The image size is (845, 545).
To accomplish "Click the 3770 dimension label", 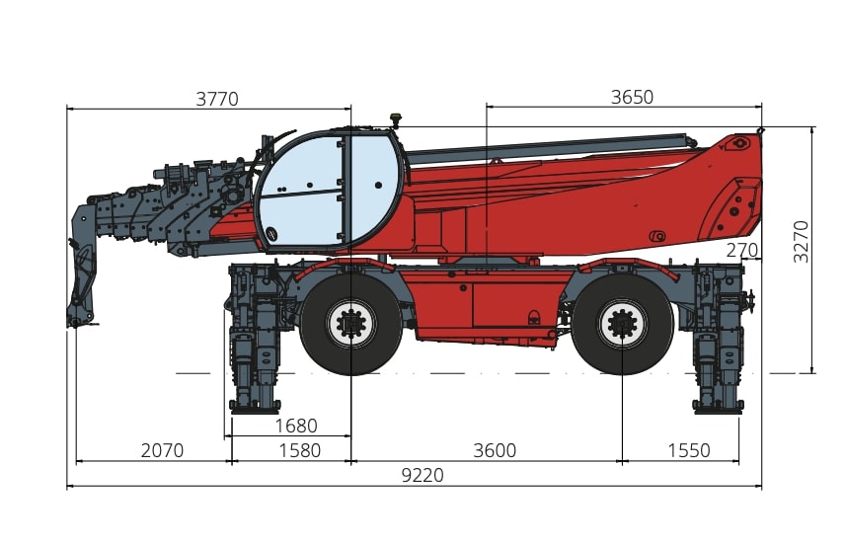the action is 216,99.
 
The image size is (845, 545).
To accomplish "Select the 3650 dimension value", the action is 632,97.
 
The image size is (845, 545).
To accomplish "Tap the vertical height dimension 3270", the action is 802,242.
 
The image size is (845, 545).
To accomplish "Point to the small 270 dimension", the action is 741,251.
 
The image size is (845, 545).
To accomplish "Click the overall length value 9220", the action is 422,476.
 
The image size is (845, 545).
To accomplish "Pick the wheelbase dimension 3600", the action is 495,450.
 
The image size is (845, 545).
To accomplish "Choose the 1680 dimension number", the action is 296,426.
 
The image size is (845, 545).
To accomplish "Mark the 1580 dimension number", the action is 299,450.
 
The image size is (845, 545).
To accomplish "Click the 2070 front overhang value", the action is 162,450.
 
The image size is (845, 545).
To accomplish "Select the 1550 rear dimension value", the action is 689,450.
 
